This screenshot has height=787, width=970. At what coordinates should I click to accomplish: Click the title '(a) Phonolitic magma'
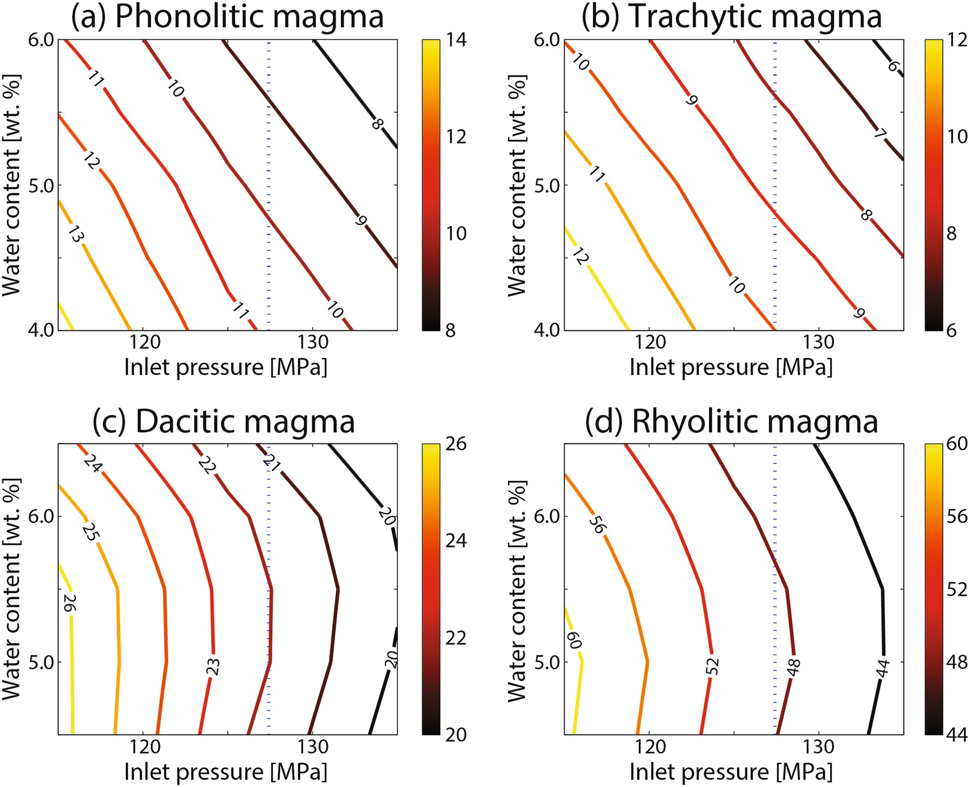click(x=228, y=16)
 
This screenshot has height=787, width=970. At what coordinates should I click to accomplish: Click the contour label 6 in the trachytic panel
click(x=893, y=66)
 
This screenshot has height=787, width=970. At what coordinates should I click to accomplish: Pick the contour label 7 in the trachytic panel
click(x=879, y=135)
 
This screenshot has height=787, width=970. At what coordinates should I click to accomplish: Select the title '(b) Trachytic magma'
click(x=732, y=16)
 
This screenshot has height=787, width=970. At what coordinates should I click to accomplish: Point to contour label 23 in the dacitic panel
click(x=214, y=666)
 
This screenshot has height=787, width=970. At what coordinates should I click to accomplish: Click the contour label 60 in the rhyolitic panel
click(x=574, y=641)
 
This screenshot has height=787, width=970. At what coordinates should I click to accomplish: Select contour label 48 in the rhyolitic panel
click(x=794, y=666)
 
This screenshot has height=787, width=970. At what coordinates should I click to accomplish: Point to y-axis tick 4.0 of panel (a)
click(x=41, y=330)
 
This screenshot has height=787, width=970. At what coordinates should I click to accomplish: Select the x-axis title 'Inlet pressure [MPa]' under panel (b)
click(x=731, y=367)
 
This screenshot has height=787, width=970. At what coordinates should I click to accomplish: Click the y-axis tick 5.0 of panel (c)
click(x=41, y=662)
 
